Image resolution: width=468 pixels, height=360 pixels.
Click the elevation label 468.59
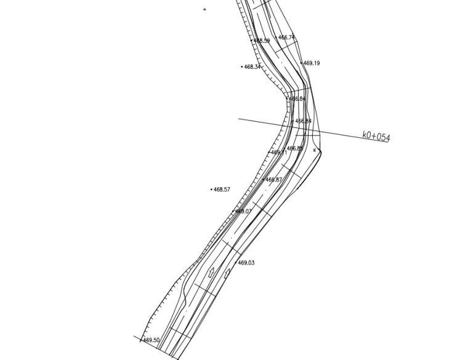click(262, 41)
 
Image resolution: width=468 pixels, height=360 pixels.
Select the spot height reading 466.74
click(286, 38)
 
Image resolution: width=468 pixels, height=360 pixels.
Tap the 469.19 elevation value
click(312, 63)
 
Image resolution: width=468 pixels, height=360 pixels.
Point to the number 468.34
click(252, 67)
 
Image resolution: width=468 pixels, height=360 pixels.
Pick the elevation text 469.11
click(278, 153)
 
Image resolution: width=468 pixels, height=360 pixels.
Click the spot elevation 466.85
click(295, 148)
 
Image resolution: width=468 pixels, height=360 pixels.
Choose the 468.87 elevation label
click(273, 180)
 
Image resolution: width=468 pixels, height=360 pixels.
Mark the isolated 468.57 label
click(222, 190)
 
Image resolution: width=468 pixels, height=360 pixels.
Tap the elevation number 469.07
click(243, 211)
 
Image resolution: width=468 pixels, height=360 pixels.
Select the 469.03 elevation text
click(246, 263)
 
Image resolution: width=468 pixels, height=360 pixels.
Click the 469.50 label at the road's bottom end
click(151, 340)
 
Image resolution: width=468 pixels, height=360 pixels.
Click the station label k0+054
click(376, 136)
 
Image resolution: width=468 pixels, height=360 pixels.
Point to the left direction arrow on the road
click(211, 271)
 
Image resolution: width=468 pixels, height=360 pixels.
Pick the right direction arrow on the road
click(227, 272)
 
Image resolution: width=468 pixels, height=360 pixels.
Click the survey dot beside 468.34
click(242, 66)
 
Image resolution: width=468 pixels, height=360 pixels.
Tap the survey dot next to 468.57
click(211, 190)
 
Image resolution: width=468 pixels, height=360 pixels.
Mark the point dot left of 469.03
click(236, 263)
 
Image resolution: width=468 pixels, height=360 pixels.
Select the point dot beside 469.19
click(302, 63)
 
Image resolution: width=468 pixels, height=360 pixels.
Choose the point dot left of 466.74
click(276, 38)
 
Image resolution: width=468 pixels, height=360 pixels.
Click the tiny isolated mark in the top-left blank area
click(204, 10)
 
